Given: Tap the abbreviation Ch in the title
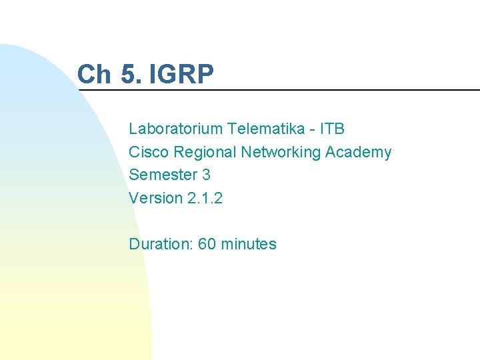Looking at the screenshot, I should pos(95,74).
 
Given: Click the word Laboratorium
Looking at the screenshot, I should pos(175,129).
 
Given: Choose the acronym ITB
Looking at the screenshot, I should pos(331,129).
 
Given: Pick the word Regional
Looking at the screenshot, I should pos(205,152).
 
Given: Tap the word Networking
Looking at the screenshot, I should pos(281,152).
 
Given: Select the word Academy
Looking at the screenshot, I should pos(358,152).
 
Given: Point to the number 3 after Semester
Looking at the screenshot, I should pos(205,175).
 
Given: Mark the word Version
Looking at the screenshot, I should pos(155,198).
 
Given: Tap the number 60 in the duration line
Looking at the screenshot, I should pos(207,244).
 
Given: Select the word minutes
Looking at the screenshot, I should pos(248,244).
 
